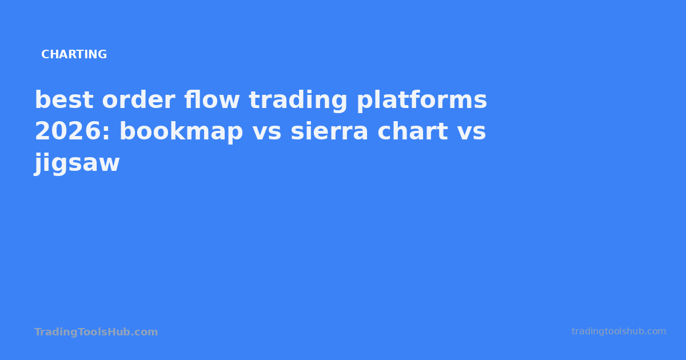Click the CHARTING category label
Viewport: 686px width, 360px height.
(x=74, y=55)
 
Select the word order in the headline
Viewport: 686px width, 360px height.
(x=138, y=101)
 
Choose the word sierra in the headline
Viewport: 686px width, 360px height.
(x=329, y=132)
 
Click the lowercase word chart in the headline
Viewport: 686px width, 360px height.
(x=413, y=132)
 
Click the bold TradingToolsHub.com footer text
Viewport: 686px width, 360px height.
(x=96, y=332)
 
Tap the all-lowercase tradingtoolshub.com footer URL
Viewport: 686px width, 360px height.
(x=619, y=331)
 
